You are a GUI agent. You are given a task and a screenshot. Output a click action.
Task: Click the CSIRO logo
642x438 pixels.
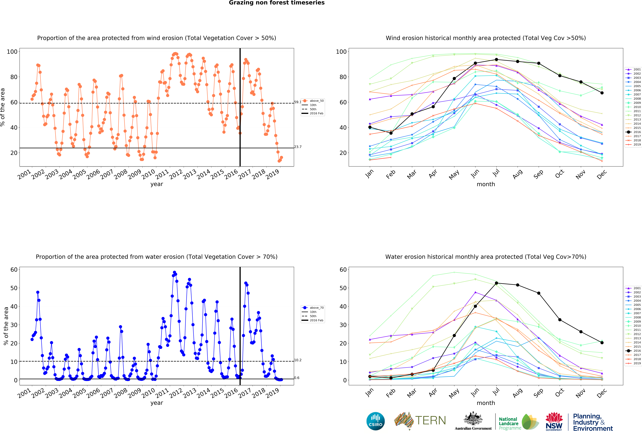click(375, 421)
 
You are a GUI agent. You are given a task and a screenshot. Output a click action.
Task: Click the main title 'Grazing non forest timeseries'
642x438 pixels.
click(277, 3)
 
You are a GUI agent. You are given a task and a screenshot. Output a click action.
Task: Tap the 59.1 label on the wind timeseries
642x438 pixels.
click(298, 102)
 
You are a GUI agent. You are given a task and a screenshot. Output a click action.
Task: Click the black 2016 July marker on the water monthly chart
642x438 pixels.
click(496, 283)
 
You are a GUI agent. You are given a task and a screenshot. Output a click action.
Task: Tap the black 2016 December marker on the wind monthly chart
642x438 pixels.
click(602, 93)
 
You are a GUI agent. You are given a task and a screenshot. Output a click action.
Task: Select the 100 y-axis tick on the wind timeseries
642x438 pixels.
click(12, 52)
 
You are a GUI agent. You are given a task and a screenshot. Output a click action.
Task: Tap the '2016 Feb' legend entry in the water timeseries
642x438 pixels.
click(316, 320)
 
